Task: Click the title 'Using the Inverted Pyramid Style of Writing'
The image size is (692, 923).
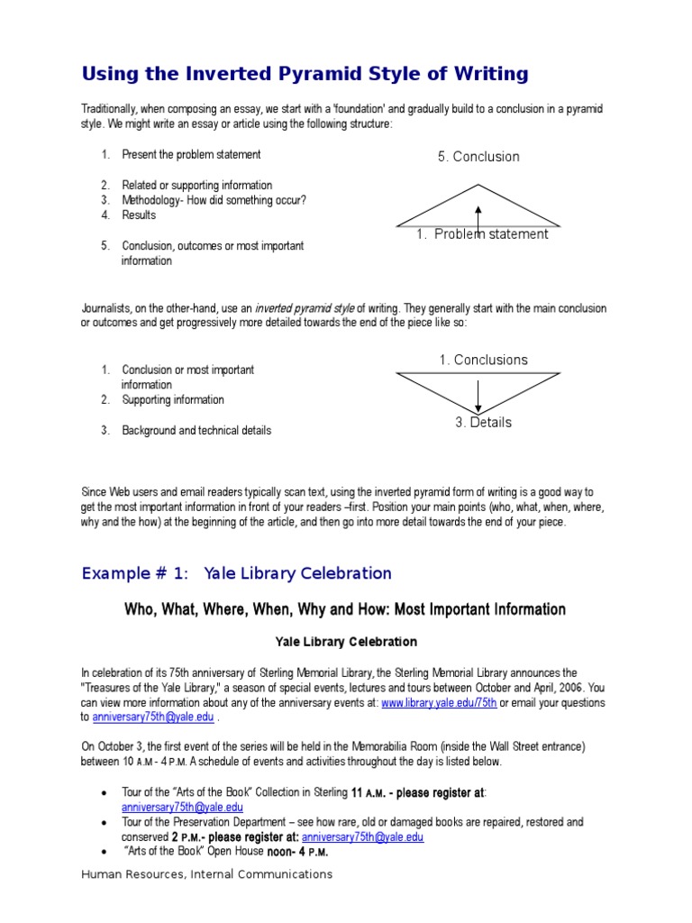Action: pyautogui.click(x=305, y=73)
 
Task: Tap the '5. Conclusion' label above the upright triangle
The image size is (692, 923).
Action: pyautogui.click(x=478, y=157)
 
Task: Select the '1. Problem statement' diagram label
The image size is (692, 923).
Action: pyautogui.click(x=482, y=234)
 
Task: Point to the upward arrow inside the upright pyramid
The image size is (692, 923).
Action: pyautogui.click(x=478, y=216)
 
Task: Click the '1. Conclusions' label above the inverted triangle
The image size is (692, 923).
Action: pyautogui.click(x=483, y=360)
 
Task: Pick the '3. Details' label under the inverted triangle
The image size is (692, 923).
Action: pyautogui.click(x=483, y=423)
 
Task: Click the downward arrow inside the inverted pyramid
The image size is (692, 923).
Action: pyautogui.click(x=478, y=395)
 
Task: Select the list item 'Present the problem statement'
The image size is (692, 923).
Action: pyautogui.click(x=191, y=155)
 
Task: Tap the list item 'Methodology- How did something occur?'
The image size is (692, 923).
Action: pyautogui.click(x=214, y=200)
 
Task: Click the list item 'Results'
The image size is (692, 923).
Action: pyautogui.click(x=139, y=215)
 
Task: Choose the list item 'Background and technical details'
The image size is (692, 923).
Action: pyautogui.click(x=196, y=431)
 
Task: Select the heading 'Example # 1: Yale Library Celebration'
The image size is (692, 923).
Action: pyautogui.click(x=236, y=573)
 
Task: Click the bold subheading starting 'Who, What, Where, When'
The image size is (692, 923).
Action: pyautogui.click(x=345, y=610)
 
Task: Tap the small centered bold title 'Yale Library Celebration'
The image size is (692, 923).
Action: pyautogui.click(x=345, y=642)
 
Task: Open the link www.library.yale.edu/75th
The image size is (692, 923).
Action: pyautogui.click(x=438, y=703)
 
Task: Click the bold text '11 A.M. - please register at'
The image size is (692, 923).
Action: pyautogui.click(x=417, y=792)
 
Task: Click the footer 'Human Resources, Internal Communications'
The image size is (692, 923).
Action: pyautogui.click(x=206, y=874)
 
